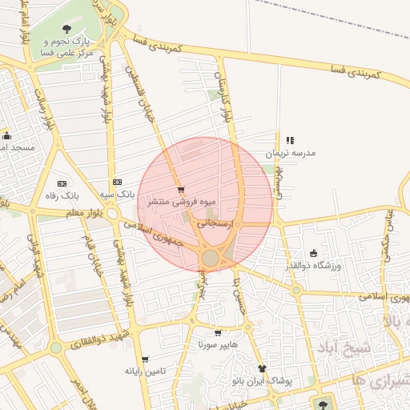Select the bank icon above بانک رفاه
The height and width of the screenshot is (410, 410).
(x=62, y=183)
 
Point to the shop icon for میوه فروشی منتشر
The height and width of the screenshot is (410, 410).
(x=181, y=190)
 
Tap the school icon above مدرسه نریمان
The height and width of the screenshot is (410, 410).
(x=290, y=140)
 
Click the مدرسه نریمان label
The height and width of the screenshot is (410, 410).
(x=291, y=152)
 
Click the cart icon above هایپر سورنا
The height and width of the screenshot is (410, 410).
(x=217, y=332)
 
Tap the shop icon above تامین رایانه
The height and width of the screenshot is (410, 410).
(x=145, y=360)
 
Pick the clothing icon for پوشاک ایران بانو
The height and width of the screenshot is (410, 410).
(x=261, y=368)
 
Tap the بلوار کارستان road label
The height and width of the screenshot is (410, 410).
(x=224, y=94)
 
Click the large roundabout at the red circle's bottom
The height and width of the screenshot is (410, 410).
(x=211, y=258)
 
